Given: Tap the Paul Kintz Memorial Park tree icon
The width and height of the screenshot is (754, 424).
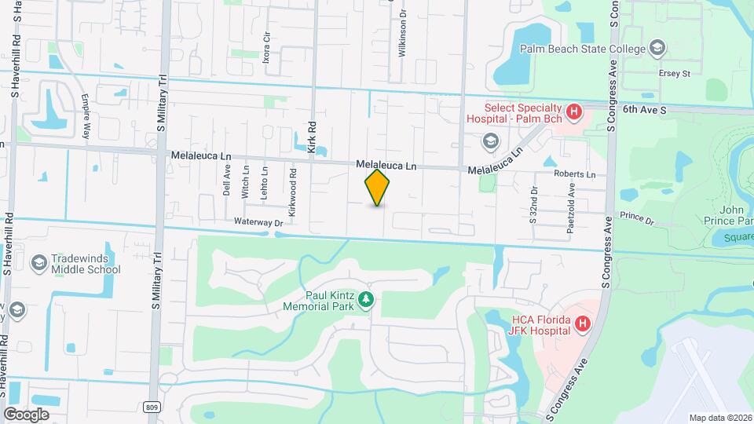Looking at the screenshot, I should coord(365,299).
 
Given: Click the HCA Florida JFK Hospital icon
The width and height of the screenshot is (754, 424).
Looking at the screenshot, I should coord(582,323).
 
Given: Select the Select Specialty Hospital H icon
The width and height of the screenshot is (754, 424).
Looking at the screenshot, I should coord(574,111).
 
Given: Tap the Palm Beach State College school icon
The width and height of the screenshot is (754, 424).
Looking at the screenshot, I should coord(656,49).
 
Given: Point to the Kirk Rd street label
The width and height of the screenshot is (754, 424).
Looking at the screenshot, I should coord(312,137).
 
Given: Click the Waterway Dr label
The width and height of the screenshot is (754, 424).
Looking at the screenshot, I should coord(258,223).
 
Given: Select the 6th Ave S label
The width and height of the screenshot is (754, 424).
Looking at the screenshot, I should coord(644,111).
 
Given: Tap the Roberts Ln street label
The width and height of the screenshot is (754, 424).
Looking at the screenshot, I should coord(574,174).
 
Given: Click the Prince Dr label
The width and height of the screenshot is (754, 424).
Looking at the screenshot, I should coord(636,217).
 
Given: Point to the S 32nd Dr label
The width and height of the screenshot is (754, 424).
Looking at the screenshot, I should coord(533,205).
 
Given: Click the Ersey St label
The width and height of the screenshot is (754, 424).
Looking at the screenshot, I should coord(674,74).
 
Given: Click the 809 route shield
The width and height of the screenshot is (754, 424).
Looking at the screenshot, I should coord(153,405).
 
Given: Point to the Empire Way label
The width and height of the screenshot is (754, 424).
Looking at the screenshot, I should coord(86,115).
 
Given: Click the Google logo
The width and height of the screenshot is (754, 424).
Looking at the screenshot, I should coord(26,414).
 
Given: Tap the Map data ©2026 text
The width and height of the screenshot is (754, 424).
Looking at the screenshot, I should coord(719,418).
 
